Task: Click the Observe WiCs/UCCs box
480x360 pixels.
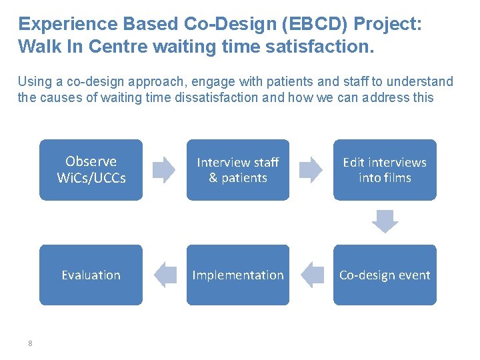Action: (x=91, y=170)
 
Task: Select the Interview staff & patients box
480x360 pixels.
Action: (x=238, y=170)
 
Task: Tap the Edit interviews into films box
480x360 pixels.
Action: (x=385, y=170)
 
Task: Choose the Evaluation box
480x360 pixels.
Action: (x=91, y=275)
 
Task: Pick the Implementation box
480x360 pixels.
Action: (x=238, y=275)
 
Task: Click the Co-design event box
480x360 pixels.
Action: (x=385, y=275)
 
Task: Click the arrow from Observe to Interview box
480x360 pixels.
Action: (x=164, y=170)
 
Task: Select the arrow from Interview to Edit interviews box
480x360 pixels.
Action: (x=311, y=170)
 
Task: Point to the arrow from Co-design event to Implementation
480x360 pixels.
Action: (x=311, y=275)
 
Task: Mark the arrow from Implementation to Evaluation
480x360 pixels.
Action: (x=164, y=275)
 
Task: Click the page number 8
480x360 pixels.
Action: (x=30, y=343)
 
